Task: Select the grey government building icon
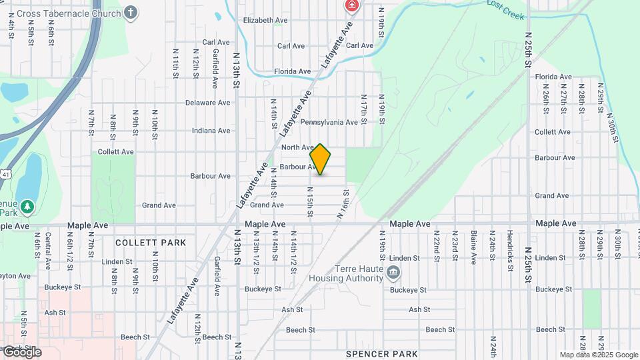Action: [393, 272]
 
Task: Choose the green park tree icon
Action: [27, 207]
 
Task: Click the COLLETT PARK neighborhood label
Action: [151, 243]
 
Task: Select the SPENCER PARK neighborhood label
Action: [382, 354]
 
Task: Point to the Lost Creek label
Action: [505, 9]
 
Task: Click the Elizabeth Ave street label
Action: [265, 21]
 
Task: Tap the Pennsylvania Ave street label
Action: [329, 123]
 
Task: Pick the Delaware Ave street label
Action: [207, 103]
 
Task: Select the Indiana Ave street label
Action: [211, 131]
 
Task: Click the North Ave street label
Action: [297, 147]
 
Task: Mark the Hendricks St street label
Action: [510, 247]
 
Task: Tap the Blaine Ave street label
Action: [473, 246]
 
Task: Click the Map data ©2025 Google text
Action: [599, 355]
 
